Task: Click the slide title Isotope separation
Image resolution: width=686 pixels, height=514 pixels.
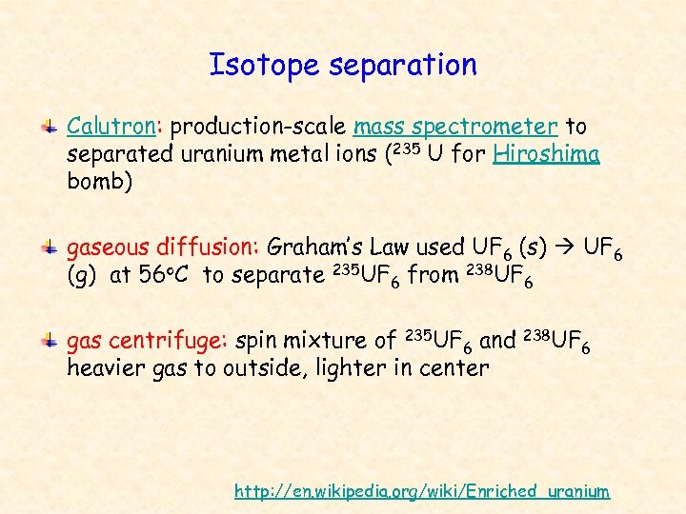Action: tap(343, 65)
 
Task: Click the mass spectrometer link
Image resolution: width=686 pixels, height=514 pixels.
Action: tap(455, 127)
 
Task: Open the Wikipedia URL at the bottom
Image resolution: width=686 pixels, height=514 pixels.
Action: tap(422, 491)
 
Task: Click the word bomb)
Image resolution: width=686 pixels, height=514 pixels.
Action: tap(98, 181)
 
